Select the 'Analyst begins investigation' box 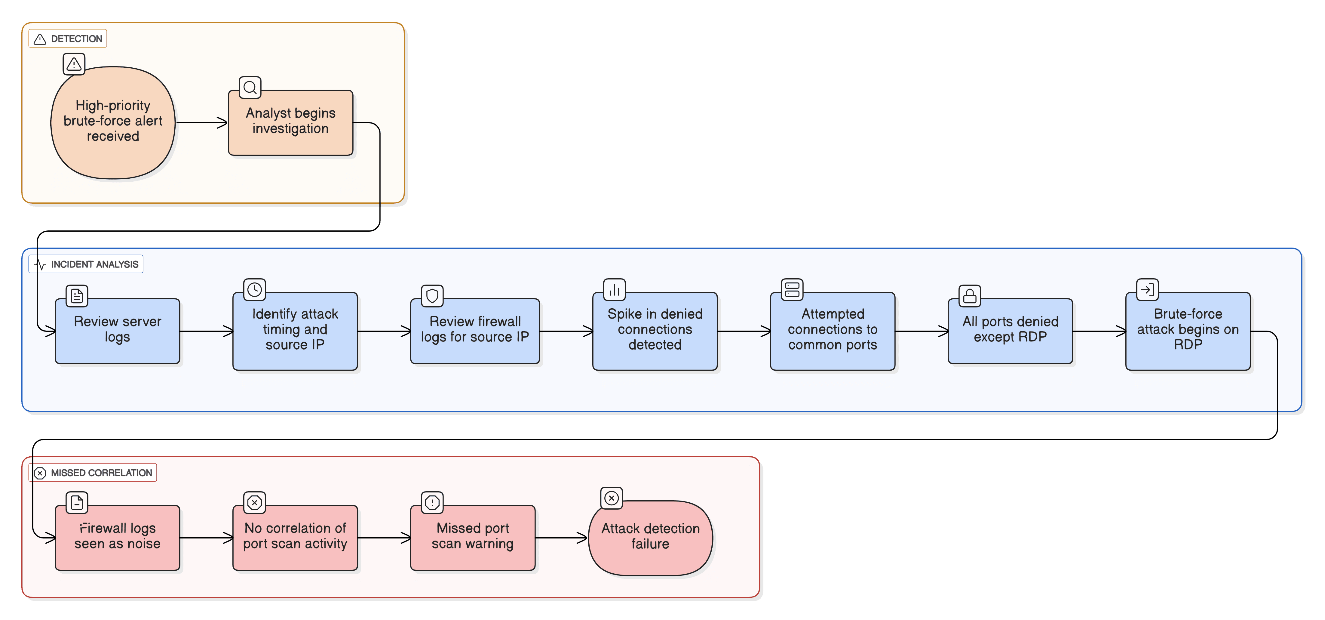point(291,122)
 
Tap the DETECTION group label point(68,39)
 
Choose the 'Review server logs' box point(117,331)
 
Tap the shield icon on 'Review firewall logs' point(432,296)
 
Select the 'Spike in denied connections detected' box point(655,331)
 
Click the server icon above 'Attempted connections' point(792,290)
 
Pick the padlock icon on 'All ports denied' point(970,296)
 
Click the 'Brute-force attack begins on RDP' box point(1188,331)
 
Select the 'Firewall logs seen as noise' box point(117,538)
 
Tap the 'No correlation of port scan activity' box point(295,538)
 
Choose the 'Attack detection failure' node point(650,538)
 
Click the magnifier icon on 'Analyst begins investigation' point(250,88)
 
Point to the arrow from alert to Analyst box point(202,122)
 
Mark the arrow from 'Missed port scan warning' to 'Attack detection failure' point(561,538)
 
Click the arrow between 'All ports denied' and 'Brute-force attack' point(1099,331)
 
